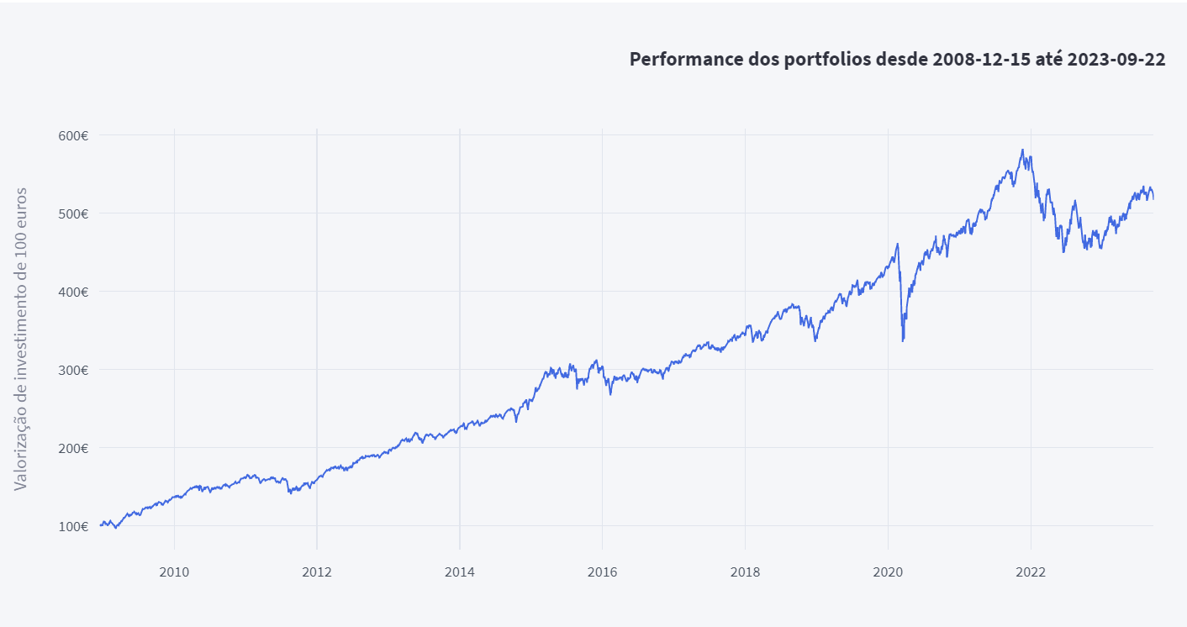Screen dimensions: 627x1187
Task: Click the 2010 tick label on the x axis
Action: (x=174, y=572)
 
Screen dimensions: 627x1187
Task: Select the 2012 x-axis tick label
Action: (x=317, y=572)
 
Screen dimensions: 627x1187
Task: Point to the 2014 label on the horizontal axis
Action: (x=460, y=572)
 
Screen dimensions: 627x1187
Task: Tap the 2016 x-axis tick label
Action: (x=602, y=572)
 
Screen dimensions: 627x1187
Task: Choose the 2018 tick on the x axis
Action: (x=745, y=572)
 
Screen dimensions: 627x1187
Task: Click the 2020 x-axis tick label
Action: (x=888, y=572)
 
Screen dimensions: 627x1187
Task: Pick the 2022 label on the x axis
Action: (x=1031, y=572)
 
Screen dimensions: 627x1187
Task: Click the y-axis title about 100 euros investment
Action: (x=21, y=339)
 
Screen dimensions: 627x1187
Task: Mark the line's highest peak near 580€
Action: (x=1022, y=150)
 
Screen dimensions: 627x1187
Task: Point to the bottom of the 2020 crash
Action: (x=903, y=340)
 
